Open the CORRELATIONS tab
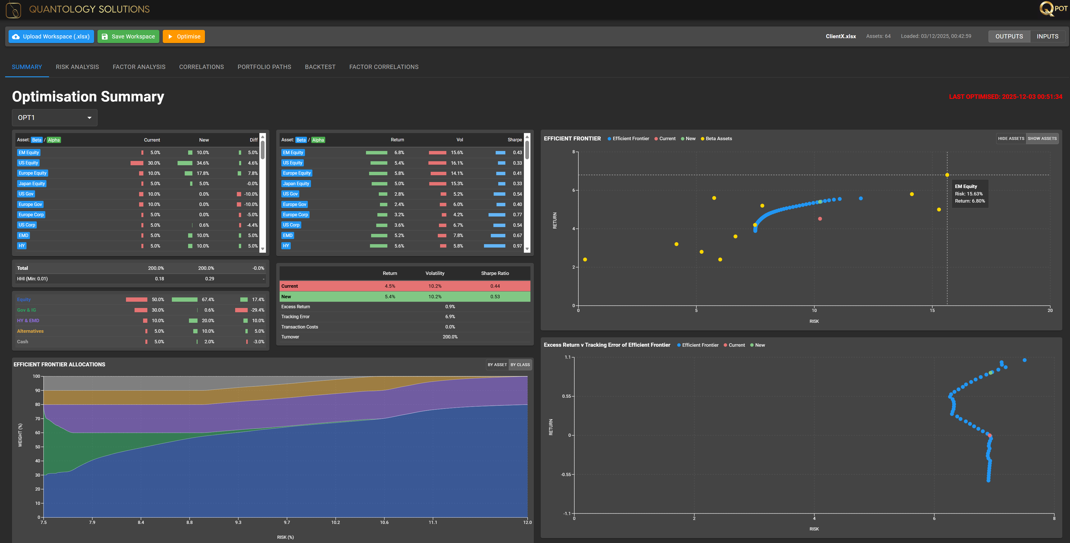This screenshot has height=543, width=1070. (x=202, y=67)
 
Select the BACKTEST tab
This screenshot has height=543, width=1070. (x=320, y=67)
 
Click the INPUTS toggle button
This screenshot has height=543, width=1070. (x=1047, y=36)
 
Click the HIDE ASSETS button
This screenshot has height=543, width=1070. (x=1011, y=139)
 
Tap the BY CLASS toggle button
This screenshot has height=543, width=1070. (x=520, y=364)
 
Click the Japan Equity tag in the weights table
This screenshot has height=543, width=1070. (x=32, y=183)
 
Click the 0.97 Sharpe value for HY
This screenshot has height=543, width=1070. (x=517, y=246)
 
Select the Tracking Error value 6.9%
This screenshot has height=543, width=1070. (x=450, y=317)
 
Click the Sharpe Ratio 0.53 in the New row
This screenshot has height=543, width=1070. (x=495, y=296)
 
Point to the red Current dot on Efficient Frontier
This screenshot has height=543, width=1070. (x=819, y=219)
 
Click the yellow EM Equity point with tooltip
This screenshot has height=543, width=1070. (x=947, y=175)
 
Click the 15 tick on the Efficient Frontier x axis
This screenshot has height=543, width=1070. (x=932, y=311)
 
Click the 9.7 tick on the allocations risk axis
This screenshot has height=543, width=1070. (x=287, y=522)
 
